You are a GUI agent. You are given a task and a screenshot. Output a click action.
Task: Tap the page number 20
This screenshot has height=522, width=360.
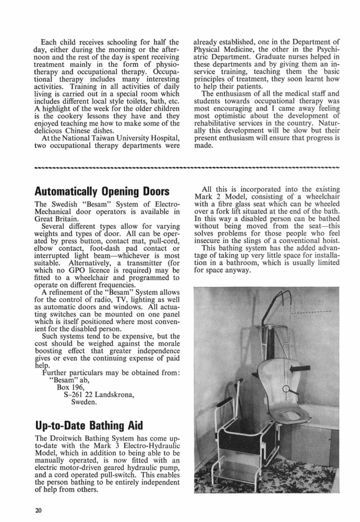tap(38, 509)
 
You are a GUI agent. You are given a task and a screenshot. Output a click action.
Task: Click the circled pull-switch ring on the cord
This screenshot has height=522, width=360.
tap(286, 388)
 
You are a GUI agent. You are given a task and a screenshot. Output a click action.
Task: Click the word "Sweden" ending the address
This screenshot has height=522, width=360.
tap(85, 402)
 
